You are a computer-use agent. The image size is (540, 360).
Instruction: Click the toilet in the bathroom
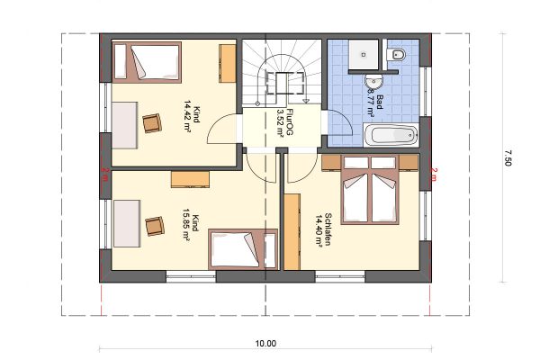(396, 54)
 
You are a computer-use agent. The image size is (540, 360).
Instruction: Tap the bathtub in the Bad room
(391, 135)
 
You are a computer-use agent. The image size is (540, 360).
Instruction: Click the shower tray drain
(364, 54)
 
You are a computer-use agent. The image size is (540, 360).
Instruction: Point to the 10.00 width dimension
(265, 344)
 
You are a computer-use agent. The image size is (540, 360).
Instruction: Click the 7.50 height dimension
(508, 157)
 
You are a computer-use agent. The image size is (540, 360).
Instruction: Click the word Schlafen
(328, 229)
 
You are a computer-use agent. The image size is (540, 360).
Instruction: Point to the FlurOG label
(290, 122)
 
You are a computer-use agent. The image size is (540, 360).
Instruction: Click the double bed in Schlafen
(370, 190)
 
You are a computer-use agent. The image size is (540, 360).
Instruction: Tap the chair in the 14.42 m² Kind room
(152, 123)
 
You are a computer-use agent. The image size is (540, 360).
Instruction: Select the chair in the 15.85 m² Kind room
(155, 226)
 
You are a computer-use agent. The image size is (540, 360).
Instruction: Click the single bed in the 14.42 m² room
(147, 62)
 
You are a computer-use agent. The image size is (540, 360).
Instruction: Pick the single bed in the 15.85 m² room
(243, 249)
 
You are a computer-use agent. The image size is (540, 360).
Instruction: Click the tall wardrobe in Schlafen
(292, 231)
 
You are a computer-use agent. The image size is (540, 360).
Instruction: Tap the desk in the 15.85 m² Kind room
(127, 223)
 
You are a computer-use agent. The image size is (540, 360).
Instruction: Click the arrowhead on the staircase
(305, 101)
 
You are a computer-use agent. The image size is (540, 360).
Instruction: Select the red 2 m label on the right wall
(434, 175)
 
